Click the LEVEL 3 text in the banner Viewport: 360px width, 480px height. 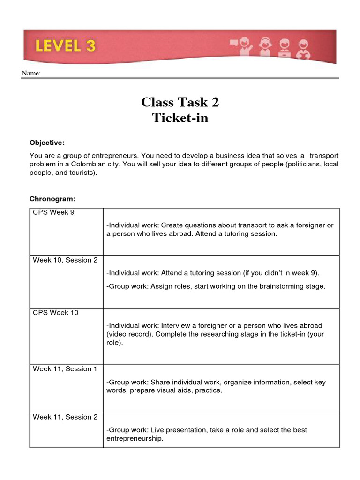[x=65, y=46]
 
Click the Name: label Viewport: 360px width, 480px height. [x=31, y=74]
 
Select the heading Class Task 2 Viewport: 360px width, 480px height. [x=180, y=102]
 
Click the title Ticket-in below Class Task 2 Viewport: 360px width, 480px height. [x=180, y=118]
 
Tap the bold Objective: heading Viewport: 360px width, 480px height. [x=47, y=142]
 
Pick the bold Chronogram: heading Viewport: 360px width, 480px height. [x=52, y=199]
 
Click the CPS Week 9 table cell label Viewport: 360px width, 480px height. [x=53, y=212]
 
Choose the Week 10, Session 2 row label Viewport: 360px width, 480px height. [x=65, y=260]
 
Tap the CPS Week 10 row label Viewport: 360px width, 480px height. [x=55, y=313]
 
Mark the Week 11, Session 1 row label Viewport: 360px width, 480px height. [x=65, y=369]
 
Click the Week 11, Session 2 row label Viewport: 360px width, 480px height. [x=65, y=417]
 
